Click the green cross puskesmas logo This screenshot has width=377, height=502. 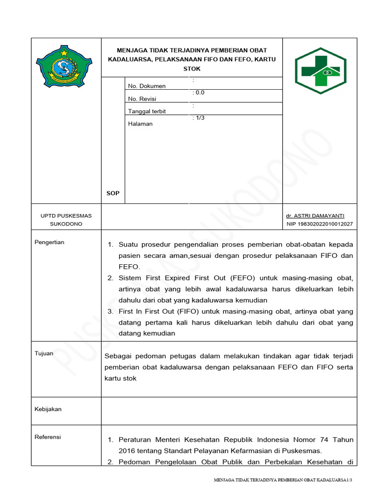pyautogui.click(x=320, y=71)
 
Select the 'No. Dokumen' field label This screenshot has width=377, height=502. pyautogui.click(x=146, y=86)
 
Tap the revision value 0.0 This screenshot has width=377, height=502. pyautogui.click(x=199, y=92)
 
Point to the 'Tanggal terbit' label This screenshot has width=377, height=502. pyautogui.click(x=147, y=111)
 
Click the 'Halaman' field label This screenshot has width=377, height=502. pyautogui.click(x=140, y=124)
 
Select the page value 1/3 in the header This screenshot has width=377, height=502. pyautogui.click(x=199, y=118)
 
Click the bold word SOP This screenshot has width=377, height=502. pyautogui.click(x=113, y=194)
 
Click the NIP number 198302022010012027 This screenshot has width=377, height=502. pyautogui.click(x=320, y=224)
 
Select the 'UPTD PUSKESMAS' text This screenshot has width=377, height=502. pyautogui.click(x=66, y=216)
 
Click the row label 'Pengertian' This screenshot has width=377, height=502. pyautogui.click(x=49, y=242)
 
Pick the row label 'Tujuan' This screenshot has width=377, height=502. pyautogui.click(x=44, y=353)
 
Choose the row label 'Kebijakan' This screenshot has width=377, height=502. pyautogui.click(x=48, y=409)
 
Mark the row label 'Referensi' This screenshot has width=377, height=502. pyautogui.click(x=48, y=437)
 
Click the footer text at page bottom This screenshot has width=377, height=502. pyautogui.click(x=283, y=480)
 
